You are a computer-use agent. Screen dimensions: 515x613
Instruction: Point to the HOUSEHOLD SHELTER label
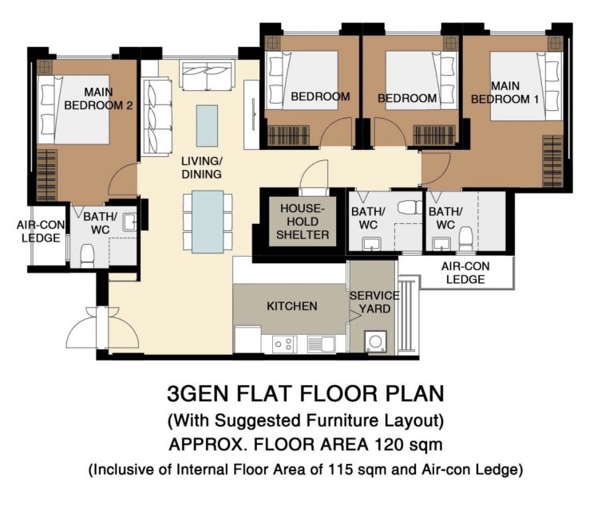click(303, 222)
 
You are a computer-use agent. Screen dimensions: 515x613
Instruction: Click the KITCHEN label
click(291, 306)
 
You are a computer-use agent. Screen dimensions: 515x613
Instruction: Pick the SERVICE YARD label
click(374, 302)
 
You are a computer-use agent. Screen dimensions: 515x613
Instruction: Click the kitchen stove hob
click(283, 344)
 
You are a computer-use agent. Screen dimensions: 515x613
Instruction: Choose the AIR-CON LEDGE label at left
click(40, 231)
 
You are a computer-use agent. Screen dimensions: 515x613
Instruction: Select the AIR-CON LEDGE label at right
click(465, 273)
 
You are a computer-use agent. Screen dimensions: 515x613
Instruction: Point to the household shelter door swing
click(314, 175)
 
